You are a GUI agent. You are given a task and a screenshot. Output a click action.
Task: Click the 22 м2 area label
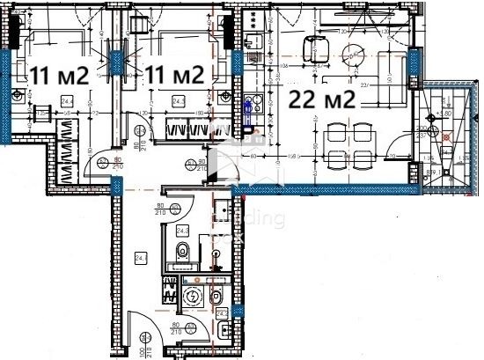click(x=321, y=99)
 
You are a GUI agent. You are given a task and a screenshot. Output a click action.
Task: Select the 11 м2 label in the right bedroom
click(x=175, y=74)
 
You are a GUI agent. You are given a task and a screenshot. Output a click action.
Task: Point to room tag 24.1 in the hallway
click(x=139, y=258)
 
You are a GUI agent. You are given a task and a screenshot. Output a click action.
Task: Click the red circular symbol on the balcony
click(x=447, y=136)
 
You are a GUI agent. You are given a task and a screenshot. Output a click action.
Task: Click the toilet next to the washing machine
click(x=216, y=297)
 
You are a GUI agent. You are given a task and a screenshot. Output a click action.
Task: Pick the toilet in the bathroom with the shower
click(x=183, y=252)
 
